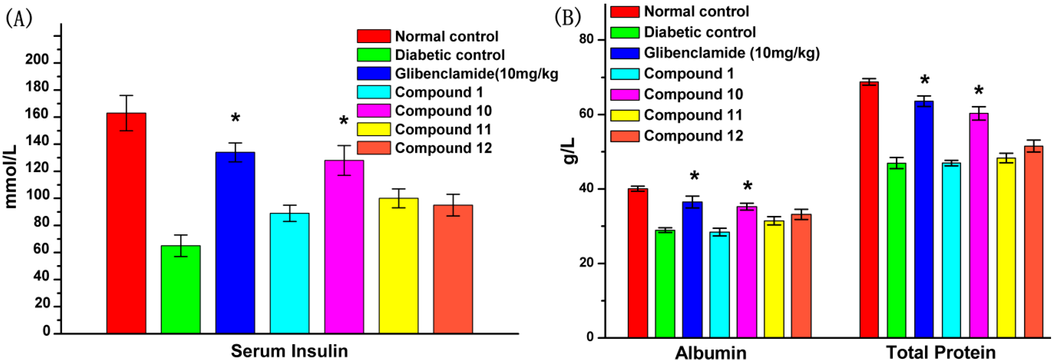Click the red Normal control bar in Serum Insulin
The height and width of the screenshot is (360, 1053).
126,223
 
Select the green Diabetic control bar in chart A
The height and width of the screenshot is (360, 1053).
181,289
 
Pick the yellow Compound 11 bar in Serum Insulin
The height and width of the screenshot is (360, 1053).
398,266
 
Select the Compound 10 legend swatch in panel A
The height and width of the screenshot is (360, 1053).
373,111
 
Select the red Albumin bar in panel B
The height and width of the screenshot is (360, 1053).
638,263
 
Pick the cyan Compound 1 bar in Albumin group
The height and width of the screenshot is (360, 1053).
719,285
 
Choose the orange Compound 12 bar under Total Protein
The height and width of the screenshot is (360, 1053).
1033,241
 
